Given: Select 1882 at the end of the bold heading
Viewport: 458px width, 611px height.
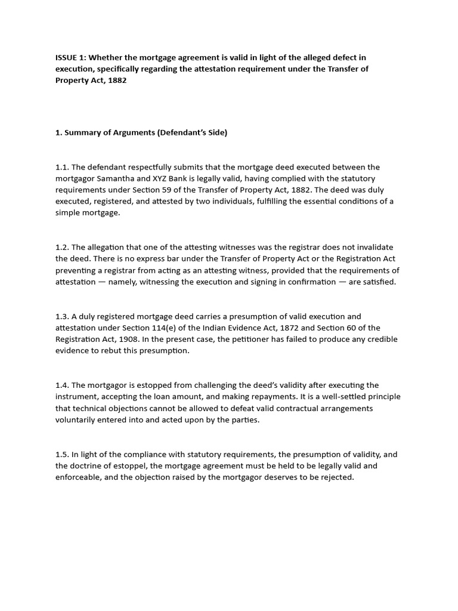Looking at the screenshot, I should point(117,81).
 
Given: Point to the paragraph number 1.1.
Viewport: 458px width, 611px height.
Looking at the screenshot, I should point(62,167).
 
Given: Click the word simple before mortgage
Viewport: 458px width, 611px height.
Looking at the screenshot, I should point(68,213).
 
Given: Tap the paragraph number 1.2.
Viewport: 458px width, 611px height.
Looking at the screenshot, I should point(62,247).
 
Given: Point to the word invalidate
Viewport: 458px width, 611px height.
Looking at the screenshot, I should point(357,247).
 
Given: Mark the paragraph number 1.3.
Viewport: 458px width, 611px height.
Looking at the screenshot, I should point(62,316).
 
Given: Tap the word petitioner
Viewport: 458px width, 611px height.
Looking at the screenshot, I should point(227,339).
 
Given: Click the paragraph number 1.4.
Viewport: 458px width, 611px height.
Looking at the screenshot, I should point(62,385).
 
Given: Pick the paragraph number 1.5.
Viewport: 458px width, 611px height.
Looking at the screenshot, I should point(62,454).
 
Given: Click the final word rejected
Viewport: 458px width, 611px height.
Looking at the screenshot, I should point(337,477).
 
